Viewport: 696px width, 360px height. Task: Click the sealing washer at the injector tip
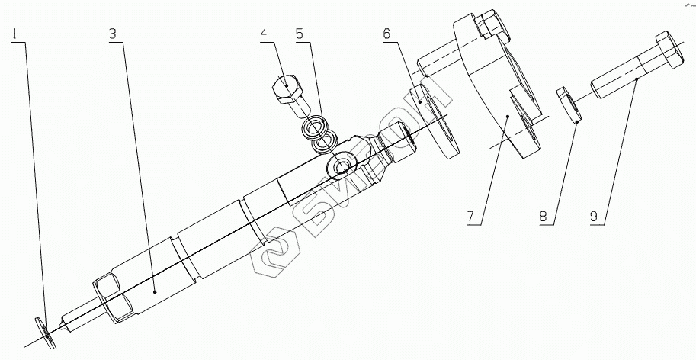(46, 333)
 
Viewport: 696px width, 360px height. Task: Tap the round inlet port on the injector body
(338, 166)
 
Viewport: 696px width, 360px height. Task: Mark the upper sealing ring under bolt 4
(314, 125)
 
